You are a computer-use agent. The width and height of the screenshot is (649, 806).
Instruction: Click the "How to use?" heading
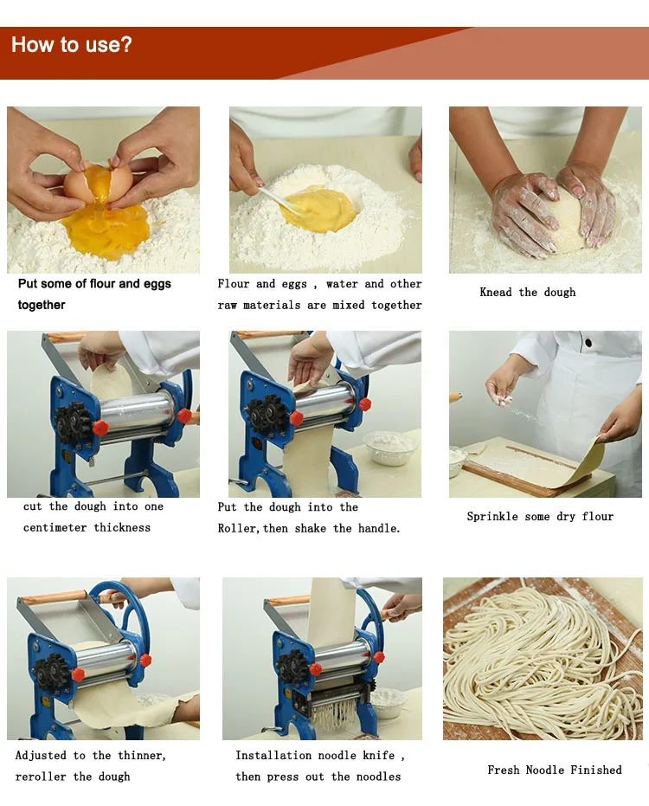click(72, 44)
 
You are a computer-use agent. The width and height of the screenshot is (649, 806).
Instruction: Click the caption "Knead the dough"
click(527, 293)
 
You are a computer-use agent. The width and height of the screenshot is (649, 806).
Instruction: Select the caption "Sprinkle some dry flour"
click(540, 517)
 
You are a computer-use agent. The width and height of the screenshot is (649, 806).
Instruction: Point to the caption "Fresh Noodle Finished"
click(554, 770)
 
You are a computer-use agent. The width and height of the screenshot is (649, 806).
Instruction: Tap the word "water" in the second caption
click(342, 284)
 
